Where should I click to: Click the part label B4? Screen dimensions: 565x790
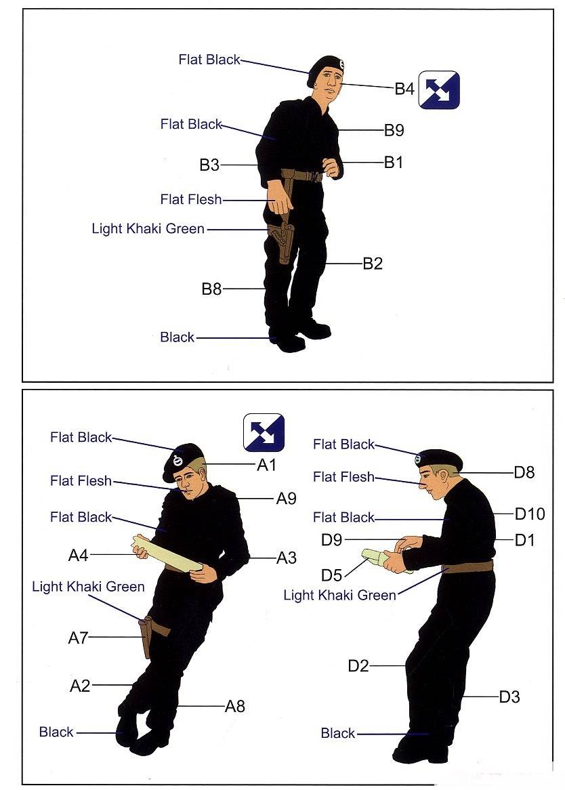[404, 89]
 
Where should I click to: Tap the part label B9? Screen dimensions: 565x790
[394, 130]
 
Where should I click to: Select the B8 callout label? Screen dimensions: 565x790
[211, 289]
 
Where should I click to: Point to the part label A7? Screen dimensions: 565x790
[78, 638]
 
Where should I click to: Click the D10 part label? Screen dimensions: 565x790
[530, 514]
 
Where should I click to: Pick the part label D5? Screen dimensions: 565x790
[331, 575]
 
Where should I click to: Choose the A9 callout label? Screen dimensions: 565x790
[286, 498]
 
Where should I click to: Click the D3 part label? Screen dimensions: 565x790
[509, 697]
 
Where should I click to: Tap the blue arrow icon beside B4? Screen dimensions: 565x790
[439, 89]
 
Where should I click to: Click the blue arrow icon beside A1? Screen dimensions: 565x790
[264, 432]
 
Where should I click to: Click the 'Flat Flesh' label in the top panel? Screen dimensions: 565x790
[191, 199]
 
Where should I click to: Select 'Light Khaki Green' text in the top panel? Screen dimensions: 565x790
[148, 229]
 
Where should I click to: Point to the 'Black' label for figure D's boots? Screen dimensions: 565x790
[338, 733]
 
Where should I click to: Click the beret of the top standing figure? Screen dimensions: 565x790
[325, 67]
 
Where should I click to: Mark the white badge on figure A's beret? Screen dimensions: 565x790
[176, 460]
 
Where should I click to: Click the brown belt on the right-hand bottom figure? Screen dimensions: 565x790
[467, 566]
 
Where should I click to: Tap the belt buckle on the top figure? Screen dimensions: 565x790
[317, 177]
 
